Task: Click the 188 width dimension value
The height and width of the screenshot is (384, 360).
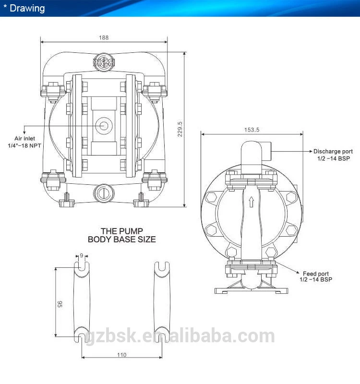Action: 104,37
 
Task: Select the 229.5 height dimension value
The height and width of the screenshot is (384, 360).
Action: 180,129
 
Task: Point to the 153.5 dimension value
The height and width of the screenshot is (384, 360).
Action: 252,130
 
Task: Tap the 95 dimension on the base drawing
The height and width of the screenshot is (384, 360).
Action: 60,304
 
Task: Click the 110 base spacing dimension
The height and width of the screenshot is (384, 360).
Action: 122,355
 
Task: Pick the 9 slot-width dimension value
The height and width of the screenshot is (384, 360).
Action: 82,256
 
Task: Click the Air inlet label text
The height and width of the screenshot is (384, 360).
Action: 25,138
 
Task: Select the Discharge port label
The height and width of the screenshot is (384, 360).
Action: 333,151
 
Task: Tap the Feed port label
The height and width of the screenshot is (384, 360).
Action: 316,274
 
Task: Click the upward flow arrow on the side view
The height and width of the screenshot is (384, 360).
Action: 251,202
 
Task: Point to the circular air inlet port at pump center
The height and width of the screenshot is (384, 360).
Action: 104,126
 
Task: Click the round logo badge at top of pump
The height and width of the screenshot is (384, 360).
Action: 104,62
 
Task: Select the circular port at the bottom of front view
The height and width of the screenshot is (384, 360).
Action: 104,193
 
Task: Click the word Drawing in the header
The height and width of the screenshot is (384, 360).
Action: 27,8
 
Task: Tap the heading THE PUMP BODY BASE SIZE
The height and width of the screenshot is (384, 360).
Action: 122,235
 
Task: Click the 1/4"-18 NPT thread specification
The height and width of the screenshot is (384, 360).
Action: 24,145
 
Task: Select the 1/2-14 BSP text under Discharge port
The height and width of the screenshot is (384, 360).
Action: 334,158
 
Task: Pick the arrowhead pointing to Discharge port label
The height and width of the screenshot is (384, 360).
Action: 311,151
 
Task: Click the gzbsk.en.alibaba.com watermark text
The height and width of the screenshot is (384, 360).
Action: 180,336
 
